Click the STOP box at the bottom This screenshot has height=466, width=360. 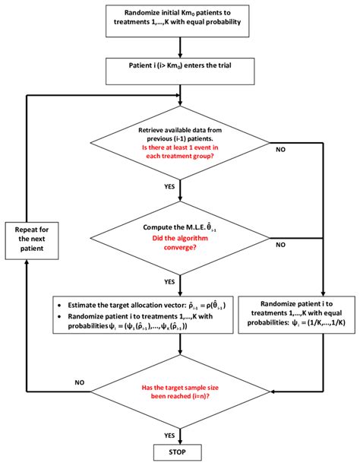pos(180,451)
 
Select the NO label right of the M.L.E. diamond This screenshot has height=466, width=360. pos(280,245)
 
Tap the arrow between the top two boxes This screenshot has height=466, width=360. pos(180,46)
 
